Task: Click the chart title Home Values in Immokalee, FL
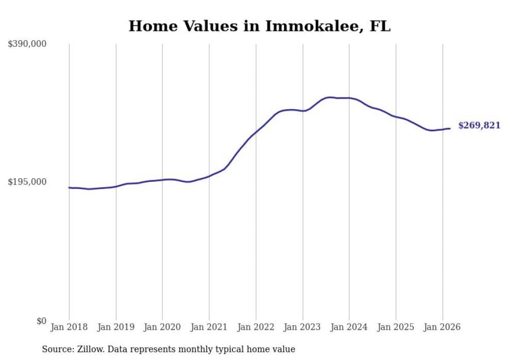point(259,26)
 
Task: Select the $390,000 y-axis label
point(27,44)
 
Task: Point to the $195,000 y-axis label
point(27,182)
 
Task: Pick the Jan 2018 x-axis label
point(69,327)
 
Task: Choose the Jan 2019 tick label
point(116,327)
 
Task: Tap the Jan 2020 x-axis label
point(162,327)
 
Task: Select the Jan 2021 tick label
point(209,327)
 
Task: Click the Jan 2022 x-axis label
point(256,327)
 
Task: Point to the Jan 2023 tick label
point(302,327)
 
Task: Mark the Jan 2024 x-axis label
point(349,327)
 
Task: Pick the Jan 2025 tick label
point(396,327)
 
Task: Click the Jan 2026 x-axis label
point(443,327)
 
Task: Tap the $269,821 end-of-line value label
point(479,126)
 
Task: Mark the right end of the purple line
point(450,128)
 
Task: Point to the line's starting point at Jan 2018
point(69,187)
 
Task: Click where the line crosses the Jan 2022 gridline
point(256,132)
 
